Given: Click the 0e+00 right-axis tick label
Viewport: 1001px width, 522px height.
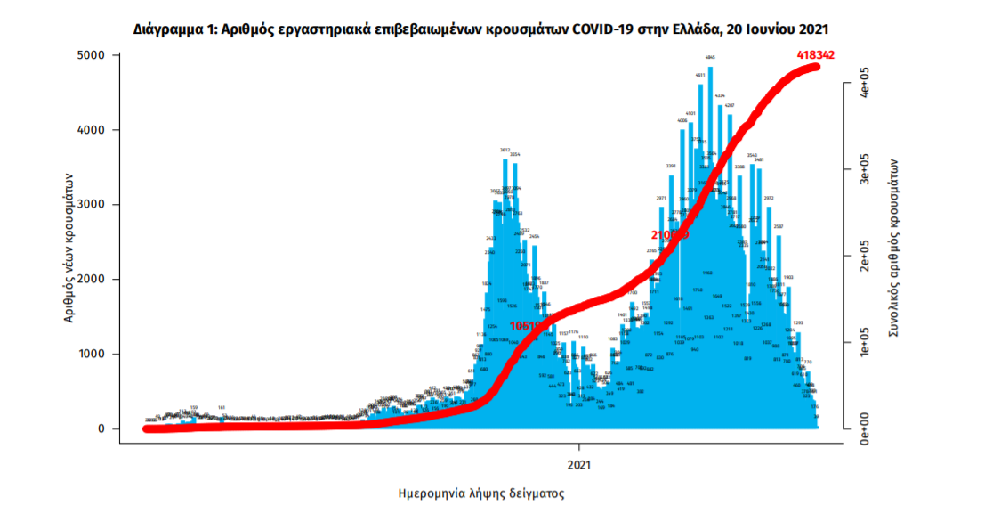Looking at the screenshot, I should pyautogui.click(x=863, y=429).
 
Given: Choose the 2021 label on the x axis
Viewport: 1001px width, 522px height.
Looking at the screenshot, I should pyautogui.click(x=579, y=464).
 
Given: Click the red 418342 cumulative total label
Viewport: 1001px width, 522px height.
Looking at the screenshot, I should pyautogui.click(x=815, y=55).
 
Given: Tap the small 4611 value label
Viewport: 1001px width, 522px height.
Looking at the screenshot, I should pyautogui.click(x=700, y=75).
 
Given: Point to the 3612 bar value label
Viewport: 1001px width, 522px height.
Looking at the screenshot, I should pyautogui.click(x=505, y=150).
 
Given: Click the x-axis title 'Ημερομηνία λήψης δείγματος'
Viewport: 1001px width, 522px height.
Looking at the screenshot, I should pyautogui.click(x=480, y=493).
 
